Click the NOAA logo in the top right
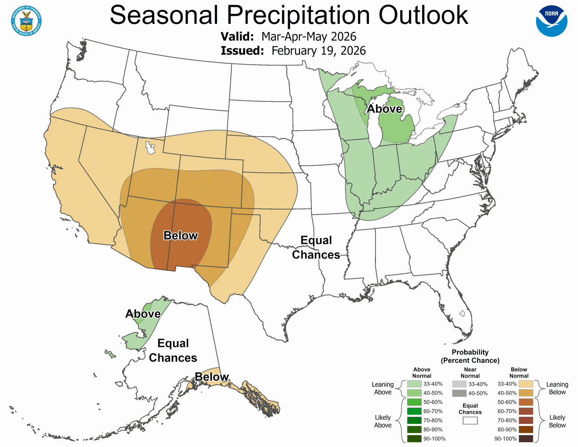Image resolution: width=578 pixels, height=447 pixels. (x=551, y=21)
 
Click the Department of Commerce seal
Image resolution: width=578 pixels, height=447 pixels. (x=26, y=21)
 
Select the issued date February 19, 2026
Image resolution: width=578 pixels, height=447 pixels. (x=318, y=51)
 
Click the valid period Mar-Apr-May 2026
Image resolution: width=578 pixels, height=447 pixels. (x=309, y=37)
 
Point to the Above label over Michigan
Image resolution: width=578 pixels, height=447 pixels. (x=384, y=109)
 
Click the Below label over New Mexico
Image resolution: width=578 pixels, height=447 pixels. (x=181, y=235)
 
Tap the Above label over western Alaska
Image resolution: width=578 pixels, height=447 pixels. (x=143, y=314)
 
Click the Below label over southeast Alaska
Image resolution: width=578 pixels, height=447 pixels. (x=211, y=377)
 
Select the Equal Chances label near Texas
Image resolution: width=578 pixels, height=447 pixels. (x=316, y=247)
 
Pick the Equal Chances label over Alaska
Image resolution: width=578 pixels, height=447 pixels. (x=173, y=350)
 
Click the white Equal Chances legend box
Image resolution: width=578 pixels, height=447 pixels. (x=470, y=421)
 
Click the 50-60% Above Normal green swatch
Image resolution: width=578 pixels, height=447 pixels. (x=414, y=402)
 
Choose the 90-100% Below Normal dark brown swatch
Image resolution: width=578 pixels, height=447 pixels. (x=526, y=438)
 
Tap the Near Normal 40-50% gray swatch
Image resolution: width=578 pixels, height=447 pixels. (x=459, y=393)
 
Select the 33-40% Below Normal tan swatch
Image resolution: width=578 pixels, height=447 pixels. (x=526, y=384)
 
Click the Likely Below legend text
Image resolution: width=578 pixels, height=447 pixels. (x=557, y=421)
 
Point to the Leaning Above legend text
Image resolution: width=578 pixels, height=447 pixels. (x=383, y=388)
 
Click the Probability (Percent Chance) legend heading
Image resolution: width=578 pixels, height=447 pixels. (x=470, y=356)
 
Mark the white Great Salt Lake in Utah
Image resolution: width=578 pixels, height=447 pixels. (x=150, y=148)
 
